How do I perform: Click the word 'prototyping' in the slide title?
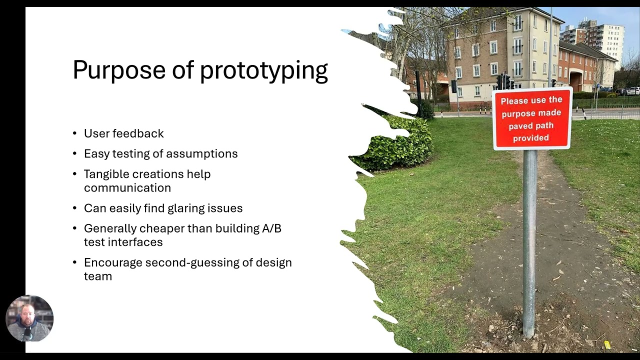coord(263,71)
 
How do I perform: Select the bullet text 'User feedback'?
coord(123,133)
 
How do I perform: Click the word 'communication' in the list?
coord(127,187)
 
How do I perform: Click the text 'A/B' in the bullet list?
coord(271,228)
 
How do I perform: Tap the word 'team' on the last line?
coord(98,276)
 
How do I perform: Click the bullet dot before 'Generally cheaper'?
coord(74,228)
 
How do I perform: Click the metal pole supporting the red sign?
coord(529,240)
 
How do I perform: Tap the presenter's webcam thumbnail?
coord(29,318)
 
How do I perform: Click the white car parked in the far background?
coord(633,91)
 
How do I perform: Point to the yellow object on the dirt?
coord(607,344)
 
